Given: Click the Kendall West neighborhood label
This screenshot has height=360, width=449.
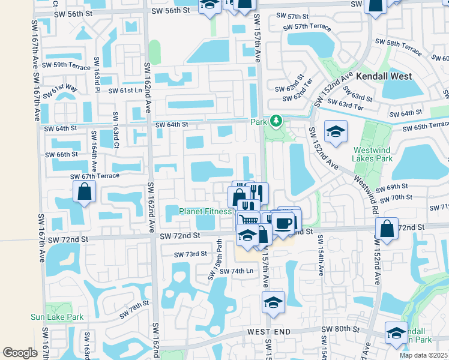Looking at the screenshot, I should (384, 76).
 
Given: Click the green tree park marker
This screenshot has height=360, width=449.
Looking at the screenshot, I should (276, 122).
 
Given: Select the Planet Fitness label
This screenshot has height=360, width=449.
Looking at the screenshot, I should (205, 211).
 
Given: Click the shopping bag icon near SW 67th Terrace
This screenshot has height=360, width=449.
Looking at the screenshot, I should (84, 192).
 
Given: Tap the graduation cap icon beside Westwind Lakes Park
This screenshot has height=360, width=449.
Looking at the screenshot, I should (336, 131).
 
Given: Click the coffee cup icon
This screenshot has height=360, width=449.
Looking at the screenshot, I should (283, 223).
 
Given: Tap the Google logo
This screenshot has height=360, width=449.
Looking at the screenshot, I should (20, 353).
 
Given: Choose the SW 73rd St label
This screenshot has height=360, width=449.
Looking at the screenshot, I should (190, 254).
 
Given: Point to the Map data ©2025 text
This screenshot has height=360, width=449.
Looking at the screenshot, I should (423, 355).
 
